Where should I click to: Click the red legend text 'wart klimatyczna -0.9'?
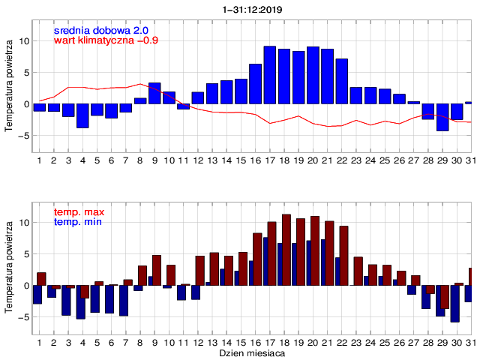[x=106, y=40]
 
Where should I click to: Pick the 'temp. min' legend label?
[x=78, y=222]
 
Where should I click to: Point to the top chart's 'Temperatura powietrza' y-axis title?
[x=9, y=87]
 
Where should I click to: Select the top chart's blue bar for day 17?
[x=270, y=75]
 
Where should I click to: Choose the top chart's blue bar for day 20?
[x=313, y=75]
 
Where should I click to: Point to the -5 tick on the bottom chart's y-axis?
[x=22, y=317]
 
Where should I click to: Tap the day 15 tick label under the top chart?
[x=241, y=160]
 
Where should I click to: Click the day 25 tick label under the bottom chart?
[x=385, y=342]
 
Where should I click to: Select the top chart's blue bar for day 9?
[x=154, y=93]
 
